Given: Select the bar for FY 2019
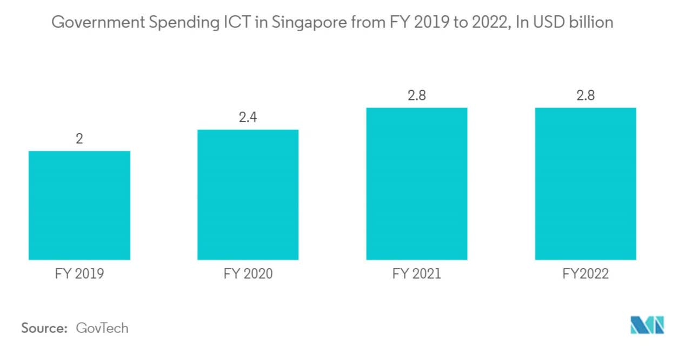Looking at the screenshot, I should [x=79, y=205].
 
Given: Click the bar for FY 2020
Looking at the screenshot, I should [x=248, y=195].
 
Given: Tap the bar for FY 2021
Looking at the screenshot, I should [x=416, y=184].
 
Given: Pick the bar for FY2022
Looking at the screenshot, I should [x=585, y=184].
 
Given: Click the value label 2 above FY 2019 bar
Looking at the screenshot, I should [x=79, y=139].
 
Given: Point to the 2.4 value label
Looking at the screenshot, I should [x=248, y=117].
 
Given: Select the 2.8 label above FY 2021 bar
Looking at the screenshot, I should [x=416, y=96].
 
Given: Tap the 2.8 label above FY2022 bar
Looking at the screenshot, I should [x=585, y=96].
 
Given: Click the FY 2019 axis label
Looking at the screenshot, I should [x=79, y=274].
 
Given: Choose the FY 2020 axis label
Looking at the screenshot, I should [x=248, y=274].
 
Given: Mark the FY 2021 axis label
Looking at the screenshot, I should [x=416, y=274].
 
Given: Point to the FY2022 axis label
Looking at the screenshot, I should [x=585, y=274].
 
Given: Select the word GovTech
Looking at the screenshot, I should [x=102, y=328].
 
